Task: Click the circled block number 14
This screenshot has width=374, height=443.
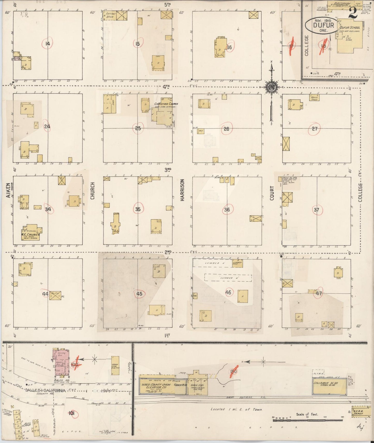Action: pos(47,44)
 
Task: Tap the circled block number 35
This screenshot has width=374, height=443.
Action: pos(138,209)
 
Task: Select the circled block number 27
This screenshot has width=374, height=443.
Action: pos(314,128)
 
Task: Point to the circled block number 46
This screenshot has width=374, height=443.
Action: pos(228,292)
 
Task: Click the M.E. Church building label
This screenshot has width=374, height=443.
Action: pos(31,235)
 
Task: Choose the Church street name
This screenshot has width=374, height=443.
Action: pos(92,191)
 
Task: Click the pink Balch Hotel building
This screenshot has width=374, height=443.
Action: pos(61,363)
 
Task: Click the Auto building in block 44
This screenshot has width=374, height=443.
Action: pos(55,295)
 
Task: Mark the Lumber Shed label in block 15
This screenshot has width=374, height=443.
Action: pos(109,15)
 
